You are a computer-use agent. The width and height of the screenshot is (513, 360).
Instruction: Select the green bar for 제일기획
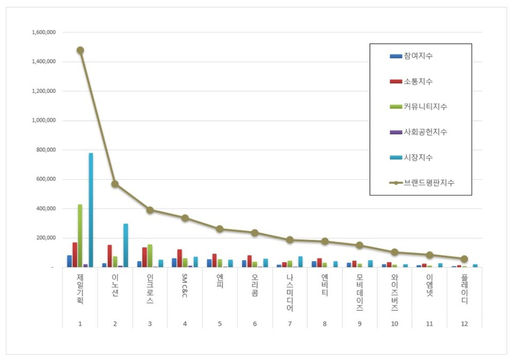click(x=80, y=236)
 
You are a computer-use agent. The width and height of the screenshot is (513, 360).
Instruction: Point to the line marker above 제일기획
click(x=80, y=50)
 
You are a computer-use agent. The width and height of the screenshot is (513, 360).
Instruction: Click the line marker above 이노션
click(x=115, y=184)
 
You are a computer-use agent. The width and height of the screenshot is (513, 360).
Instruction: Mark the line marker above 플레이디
click(x=464, y=259)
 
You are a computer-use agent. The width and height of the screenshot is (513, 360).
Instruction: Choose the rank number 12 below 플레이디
click(x=464, y=324)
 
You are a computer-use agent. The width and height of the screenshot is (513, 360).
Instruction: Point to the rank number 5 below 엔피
click(x=220, y=324)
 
